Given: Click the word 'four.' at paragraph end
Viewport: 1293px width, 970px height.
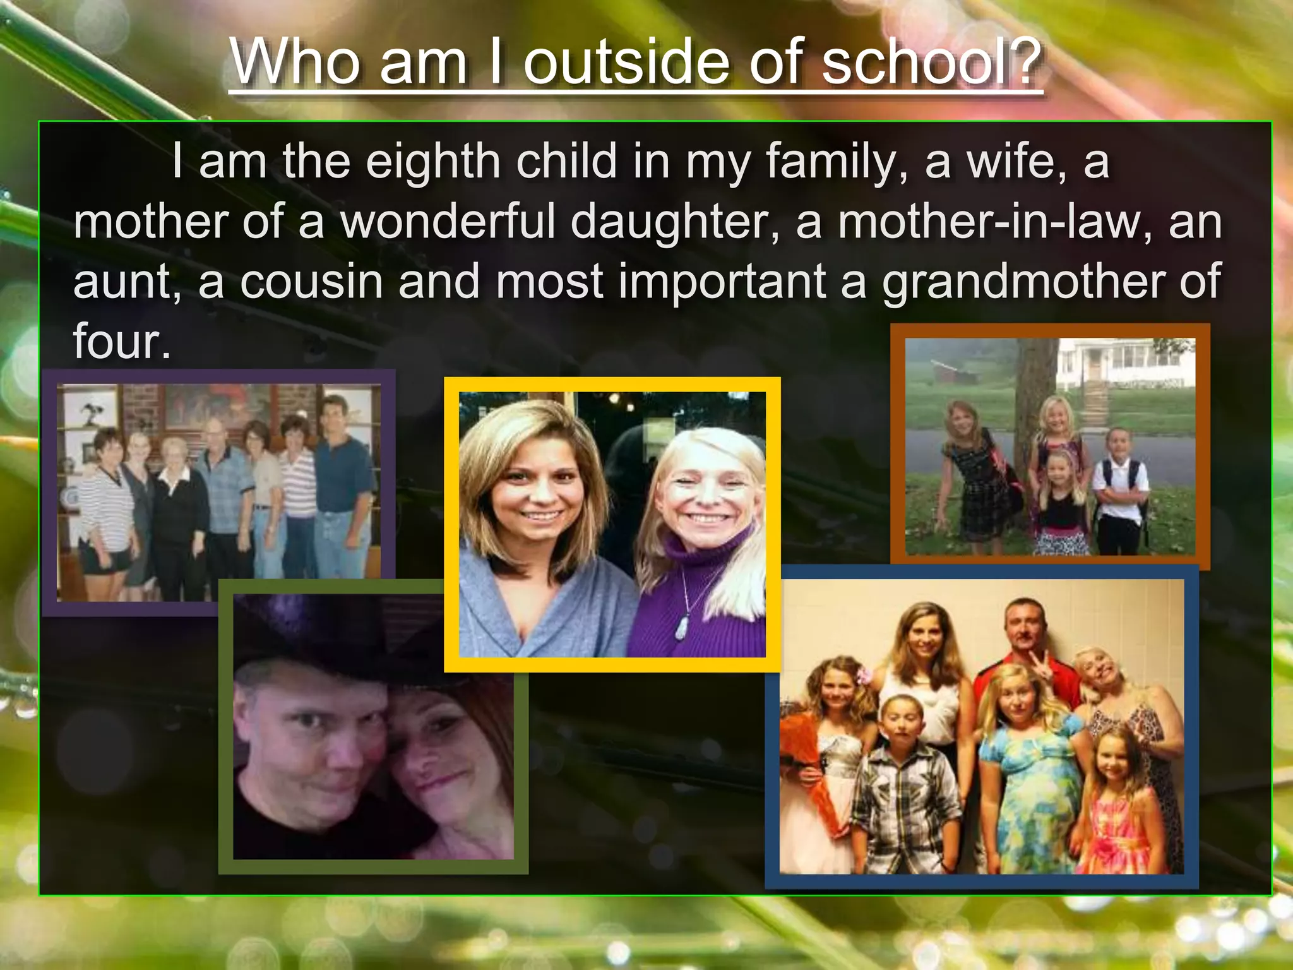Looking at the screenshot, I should [122, 342].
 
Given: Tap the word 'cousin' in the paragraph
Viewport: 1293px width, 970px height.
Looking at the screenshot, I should [311, 282].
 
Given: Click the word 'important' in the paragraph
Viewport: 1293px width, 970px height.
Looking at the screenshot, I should [722, 282].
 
